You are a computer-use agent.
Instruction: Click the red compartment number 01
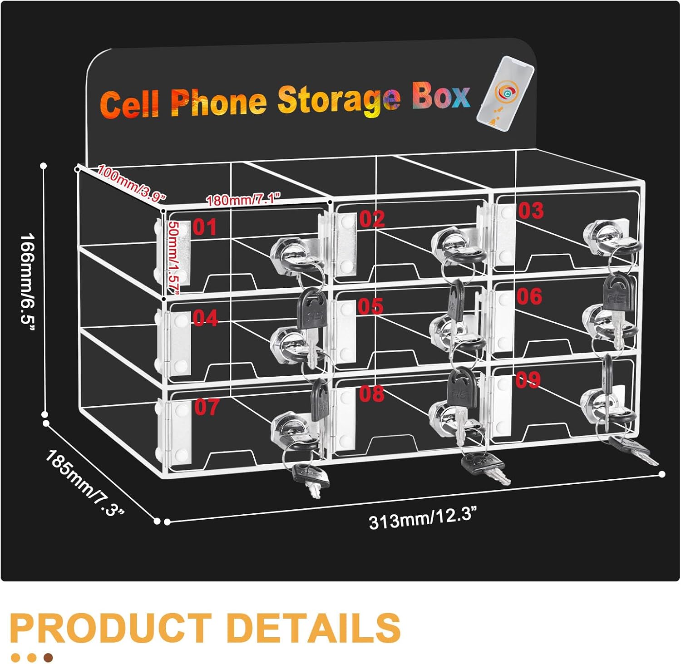[204, 227]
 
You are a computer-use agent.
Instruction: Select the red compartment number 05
[370, 306]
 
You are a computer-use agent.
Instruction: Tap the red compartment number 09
[528, 380]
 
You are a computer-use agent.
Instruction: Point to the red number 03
[531, 211]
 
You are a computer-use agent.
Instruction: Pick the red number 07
[207, 407]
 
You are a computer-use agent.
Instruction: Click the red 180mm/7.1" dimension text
[243, 199]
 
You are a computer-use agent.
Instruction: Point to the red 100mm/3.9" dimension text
[132, 184]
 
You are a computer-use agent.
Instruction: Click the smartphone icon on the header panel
[505, 94]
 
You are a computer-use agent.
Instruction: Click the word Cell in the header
[130, 103]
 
